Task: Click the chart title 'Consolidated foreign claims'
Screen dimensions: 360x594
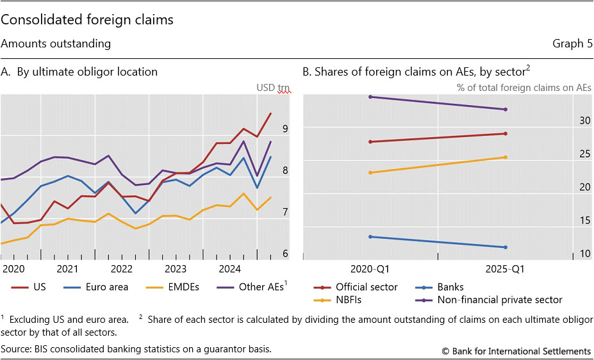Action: point(87,20)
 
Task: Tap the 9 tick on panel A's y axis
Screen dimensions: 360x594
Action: point(285,129)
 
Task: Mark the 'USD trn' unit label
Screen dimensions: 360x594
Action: point(274,88)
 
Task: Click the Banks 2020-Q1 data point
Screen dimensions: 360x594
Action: point(370,237)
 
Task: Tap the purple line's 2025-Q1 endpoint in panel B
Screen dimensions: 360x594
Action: point(506,110)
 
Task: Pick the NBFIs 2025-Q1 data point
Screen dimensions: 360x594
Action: point(506,158)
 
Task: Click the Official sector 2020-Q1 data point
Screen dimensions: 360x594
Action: point(370,142)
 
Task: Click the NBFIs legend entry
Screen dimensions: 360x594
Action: point(350,299)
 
